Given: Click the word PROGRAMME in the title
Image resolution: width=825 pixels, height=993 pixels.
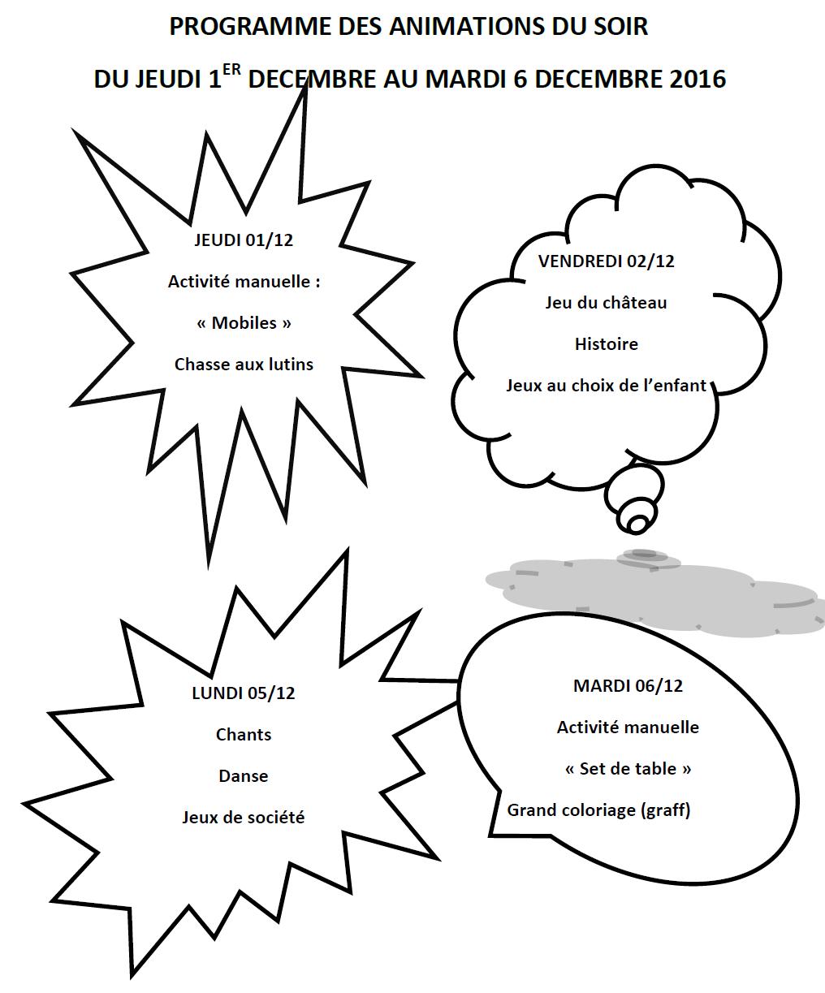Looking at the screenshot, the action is (251, 26).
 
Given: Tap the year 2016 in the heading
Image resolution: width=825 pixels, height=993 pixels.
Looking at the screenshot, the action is (698, 79).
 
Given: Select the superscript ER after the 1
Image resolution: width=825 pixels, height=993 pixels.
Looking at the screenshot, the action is (231, 70).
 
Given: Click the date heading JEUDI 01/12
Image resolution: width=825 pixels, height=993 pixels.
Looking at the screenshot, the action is (244, 240).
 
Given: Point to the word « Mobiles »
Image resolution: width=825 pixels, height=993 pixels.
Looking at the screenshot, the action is (244, 323).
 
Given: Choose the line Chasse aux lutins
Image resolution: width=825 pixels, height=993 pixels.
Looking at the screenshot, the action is (244, 365).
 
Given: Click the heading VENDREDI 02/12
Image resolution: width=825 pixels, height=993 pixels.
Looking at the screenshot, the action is (606, 261).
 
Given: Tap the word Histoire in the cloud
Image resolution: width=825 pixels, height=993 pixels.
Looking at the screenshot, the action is (606, 343).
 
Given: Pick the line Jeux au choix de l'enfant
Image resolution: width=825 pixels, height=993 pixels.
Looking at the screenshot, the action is (606, 385).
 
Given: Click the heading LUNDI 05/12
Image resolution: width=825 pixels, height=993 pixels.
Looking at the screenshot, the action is (244, 693).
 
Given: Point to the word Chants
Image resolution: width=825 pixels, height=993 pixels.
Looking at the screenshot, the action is (244, 734).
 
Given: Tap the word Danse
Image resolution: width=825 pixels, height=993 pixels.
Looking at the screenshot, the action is (244, 775).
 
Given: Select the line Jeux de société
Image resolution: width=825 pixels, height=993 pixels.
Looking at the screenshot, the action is (244, 817).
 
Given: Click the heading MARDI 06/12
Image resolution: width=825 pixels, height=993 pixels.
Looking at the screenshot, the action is (628, 685).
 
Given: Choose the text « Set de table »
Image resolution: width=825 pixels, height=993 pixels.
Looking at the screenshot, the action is (628, 769).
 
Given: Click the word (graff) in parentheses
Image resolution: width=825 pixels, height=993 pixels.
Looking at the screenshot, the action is (666, 810).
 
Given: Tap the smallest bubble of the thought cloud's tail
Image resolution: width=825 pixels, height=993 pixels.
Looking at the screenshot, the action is (637, 525).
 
